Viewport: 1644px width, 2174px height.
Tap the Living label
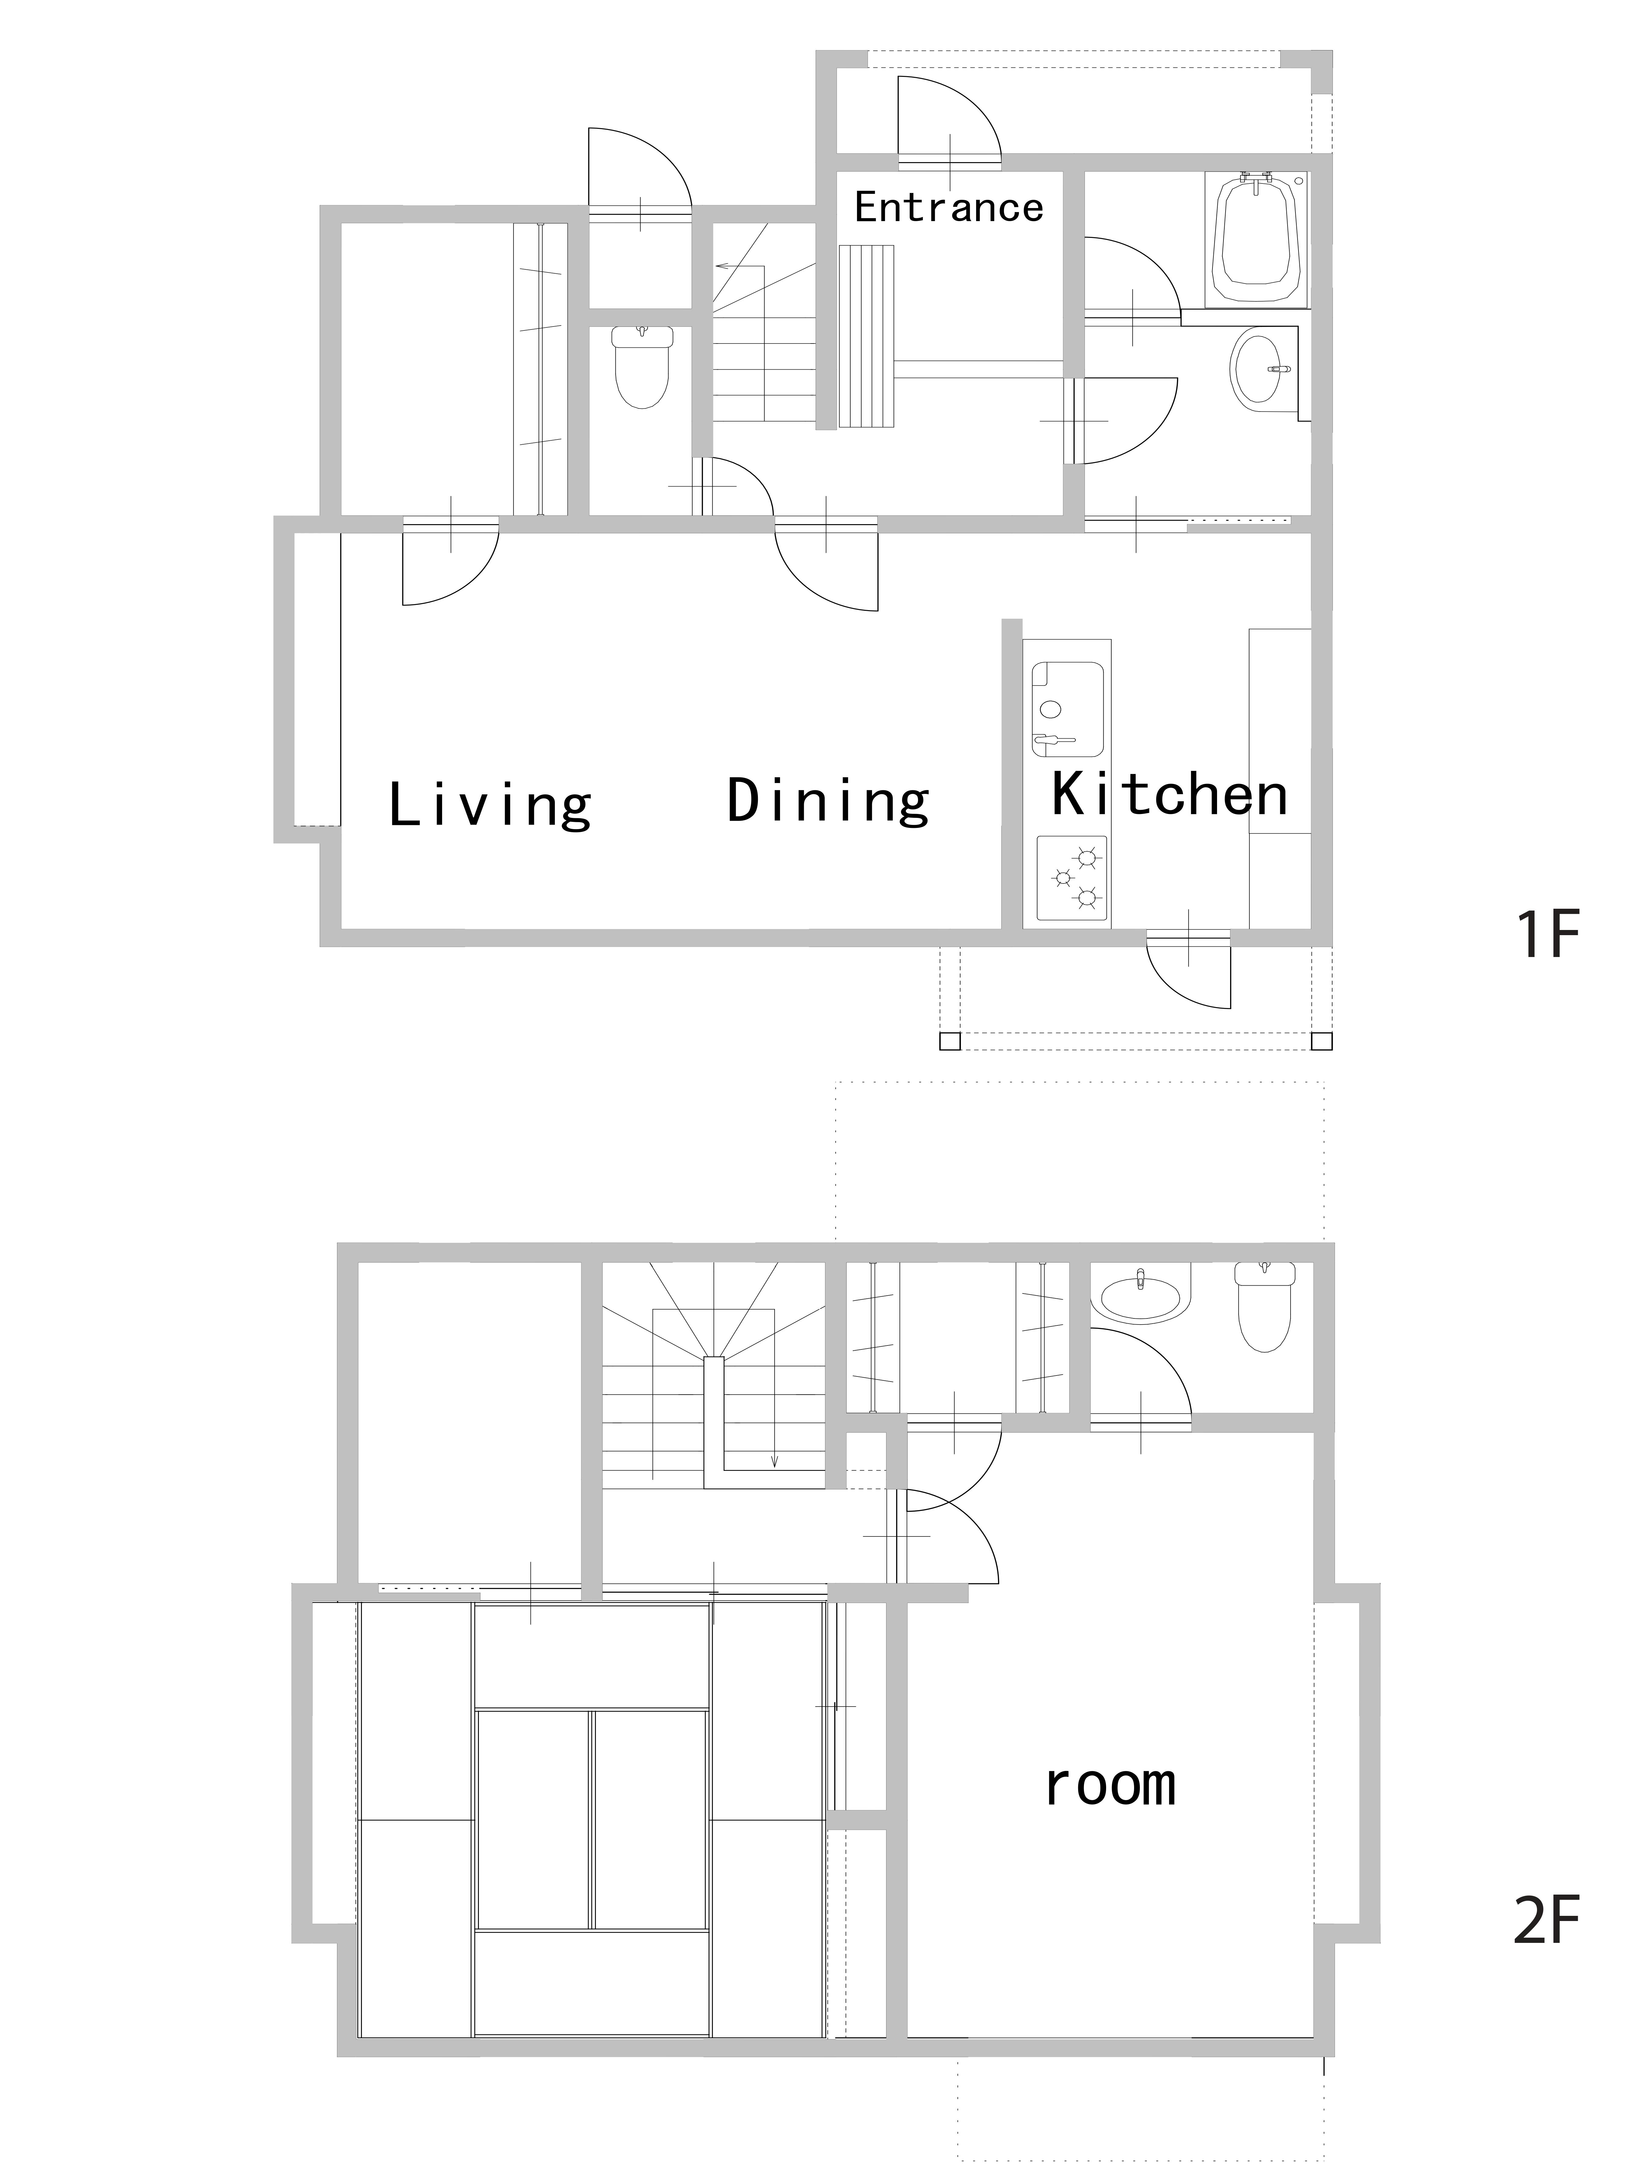click(490, 806)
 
